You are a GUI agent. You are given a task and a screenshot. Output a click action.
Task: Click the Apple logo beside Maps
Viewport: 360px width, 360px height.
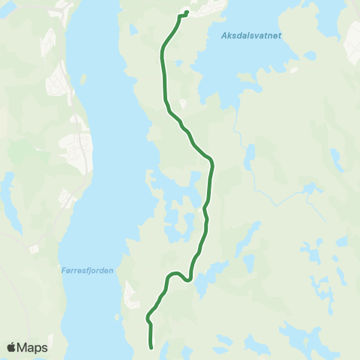11,347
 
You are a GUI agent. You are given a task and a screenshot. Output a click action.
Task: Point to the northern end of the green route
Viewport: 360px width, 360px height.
185,13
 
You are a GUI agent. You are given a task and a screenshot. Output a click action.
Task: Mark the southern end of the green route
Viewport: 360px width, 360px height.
152,348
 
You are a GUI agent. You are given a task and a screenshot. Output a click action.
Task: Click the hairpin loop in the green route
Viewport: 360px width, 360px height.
176,274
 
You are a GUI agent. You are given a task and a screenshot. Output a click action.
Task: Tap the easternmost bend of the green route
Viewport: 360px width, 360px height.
213,160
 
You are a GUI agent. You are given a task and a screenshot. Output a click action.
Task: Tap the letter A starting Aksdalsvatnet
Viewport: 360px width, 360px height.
225,35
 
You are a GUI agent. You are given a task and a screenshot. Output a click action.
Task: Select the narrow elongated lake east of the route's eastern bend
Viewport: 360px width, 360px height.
250,157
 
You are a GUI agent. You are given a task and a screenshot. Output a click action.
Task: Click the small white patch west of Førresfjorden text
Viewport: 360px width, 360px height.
33,248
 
